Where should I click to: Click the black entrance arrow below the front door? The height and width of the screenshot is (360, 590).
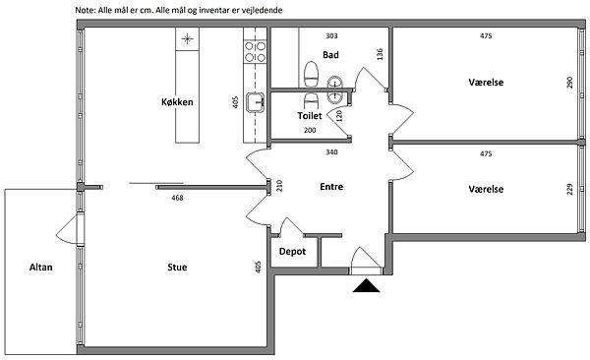point(366,286)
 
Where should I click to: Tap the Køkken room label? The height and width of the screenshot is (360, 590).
point(177,102)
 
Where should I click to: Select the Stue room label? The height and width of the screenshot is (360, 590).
point(177,267)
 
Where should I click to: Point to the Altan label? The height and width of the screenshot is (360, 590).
point(41,267)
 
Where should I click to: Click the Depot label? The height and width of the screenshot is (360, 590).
point(292,252)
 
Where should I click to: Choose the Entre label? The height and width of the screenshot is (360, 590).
point(331,187)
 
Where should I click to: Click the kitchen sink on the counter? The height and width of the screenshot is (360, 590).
point(255,102)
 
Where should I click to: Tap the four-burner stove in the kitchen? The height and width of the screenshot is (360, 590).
point(255,52)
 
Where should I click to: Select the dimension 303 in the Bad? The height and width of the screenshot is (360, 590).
point(331,36)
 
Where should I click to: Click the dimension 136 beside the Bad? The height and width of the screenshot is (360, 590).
point(380,54)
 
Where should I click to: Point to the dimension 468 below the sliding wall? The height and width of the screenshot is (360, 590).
point(177,198)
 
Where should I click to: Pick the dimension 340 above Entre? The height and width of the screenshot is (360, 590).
point(331,152)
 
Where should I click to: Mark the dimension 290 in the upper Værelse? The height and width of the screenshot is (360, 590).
point(569,83)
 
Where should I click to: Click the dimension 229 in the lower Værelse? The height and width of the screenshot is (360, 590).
point(569,189)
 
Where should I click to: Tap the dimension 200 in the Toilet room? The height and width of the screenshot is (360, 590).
point(310,130)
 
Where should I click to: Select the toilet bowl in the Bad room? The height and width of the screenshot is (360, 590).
point(311,74)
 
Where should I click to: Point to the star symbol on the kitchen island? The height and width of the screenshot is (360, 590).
point(187,38)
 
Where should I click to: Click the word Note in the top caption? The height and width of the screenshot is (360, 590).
point(85,10)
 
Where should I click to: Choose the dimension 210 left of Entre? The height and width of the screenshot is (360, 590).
point(279,186)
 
